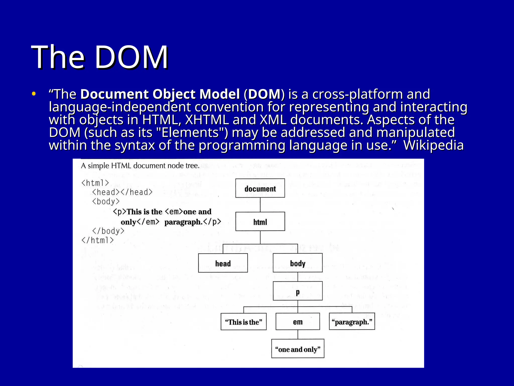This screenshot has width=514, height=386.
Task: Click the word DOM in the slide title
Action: click(131, 57)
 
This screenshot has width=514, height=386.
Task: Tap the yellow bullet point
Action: click(34, 94)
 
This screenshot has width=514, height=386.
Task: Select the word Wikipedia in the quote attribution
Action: click(433, 145)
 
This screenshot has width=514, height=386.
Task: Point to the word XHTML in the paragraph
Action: click(207, 120)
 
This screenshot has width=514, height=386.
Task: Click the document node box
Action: click(260, 188)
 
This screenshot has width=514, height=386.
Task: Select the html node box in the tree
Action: click(260, 221)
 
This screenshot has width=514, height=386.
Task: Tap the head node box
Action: click(223, 263)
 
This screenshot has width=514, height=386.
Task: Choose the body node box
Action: click(298, 263)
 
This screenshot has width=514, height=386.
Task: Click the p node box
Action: click(298, 291)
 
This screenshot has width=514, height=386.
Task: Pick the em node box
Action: click(298, 321)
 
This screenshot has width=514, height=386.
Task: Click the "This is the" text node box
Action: click(243, 321)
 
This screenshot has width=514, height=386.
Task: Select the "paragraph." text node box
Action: click(352, 321)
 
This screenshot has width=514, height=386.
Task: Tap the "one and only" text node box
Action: click(298, 349)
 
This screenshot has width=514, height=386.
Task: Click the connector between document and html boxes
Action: click(260, 205)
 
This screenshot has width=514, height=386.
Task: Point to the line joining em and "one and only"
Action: click(298, 334)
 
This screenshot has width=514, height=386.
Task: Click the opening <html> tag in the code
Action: click(95, 183)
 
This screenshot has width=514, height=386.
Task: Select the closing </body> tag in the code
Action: click(108, 231)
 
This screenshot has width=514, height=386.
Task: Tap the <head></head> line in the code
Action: click(122, 192)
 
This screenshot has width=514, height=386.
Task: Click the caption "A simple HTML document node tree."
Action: click(140, 166)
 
